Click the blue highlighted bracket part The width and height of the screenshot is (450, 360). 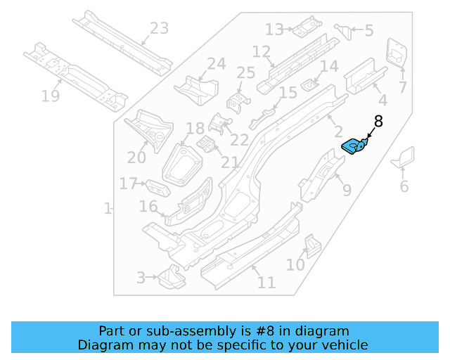(354, 146)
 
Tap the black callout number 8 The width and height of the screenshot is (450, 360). (378, 121)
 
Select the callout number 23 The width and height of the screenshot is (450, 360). (160, 29)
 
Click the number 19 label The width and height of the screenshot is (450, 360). (50, 96)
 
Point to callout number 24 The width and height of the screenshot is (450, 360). (216, 64)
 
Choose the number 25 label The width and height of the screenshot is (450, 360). (245, 73)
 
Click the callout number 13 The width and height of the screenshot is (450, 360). (274, 30)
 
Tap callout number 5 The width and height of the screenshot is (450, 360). (369, 31)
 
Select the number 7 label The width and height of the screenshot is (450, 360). (402, 88)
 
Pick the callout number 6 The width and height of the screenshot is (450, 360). (404, 186)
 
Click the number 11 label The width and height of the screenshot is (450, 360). (266, 283)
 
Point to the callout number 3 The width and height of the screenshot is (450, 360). (141, 278)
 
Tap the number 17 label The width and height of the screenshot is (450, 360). (128, 184)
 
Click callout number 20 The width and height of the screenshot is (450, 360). (136, 157)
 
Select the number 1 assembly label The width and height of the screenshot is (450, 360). (108, 209)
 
